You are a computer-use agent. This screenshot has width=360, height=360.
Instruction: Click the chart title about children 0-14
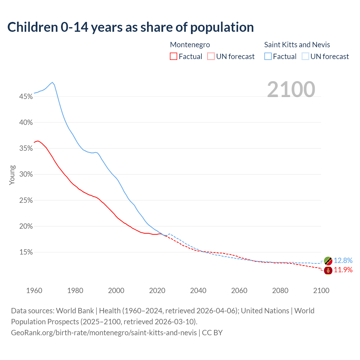(130, 27)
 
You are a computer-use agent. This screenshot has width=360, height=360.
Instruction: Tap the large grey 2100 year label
(291, 89)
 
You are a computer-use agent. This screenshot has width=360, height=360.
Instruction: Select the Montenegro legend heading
(190, 45)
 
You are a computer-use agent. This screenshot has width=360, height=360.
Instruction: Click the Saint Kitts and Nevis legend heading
(297, 45)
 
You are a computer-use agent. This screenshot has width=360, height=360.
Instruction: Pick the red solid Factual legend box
(174, 57)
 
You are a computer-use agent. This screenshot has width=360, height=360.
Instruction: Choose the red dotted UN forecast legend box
(211, 57)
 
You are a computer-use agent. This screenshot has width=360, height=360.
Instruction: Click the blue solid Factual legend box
(268, 57)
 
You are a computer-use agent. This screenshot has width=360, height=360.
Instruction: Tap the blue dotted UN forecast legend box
(305, 57)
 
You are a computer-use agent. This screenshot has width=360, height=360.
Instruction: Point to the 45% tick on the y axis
(26, 97)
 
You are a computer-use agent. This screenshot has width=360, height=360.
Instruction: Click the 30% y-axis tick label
(26, 174)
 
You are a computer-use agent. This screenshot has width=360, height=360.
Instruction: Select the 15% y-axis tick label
(26, 252)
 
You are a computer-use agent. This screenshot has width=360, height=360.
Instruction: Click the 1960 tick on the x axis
(34, 291)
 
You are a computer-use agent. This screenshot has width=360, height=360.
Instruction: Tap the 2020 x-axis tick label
(157, 291)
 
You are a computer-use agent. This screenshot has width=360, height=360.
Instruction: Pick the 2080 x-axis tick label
(280, 291)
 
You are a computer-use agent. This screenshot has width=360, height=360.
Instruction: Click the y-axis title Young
(12, 175)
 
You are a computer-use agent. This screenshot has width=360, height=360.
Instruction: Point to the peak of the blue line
(52, 82)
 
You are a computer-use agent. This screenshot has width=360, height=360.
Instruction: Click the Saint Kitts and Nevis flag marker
(328, 261)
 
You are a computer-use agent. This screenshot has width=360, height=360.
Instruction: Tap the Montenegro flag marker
(328, 270)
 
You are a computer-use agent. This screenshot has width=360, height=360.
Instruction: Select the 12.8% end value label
(343, 261)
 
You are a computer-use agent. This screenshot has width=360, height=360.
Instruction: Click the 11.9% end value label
(343, 270)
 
